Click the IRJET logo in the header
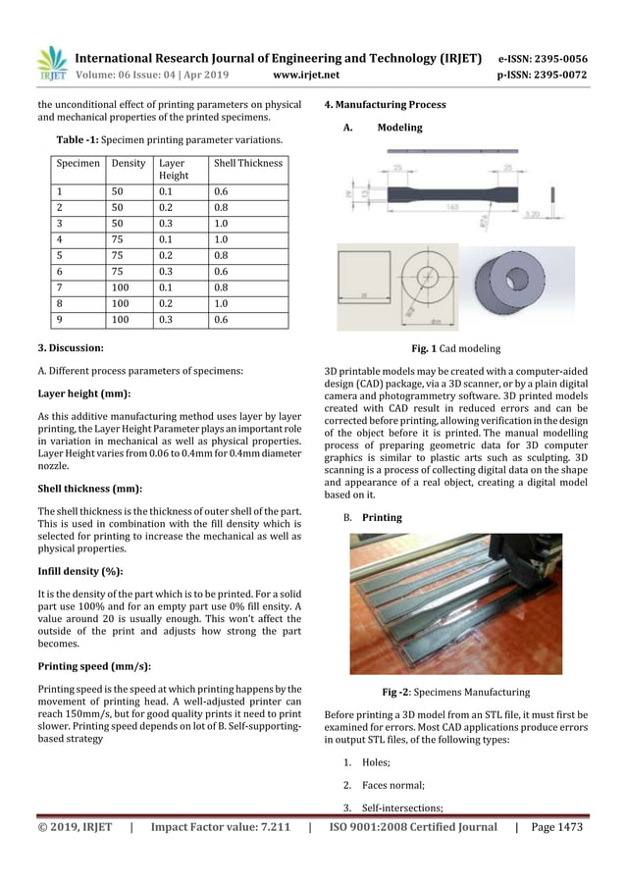[51, 64]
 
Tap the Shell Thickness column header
[247, 163]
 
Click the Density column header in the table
[129, 163]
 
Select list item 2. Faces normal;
[390, 784]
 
